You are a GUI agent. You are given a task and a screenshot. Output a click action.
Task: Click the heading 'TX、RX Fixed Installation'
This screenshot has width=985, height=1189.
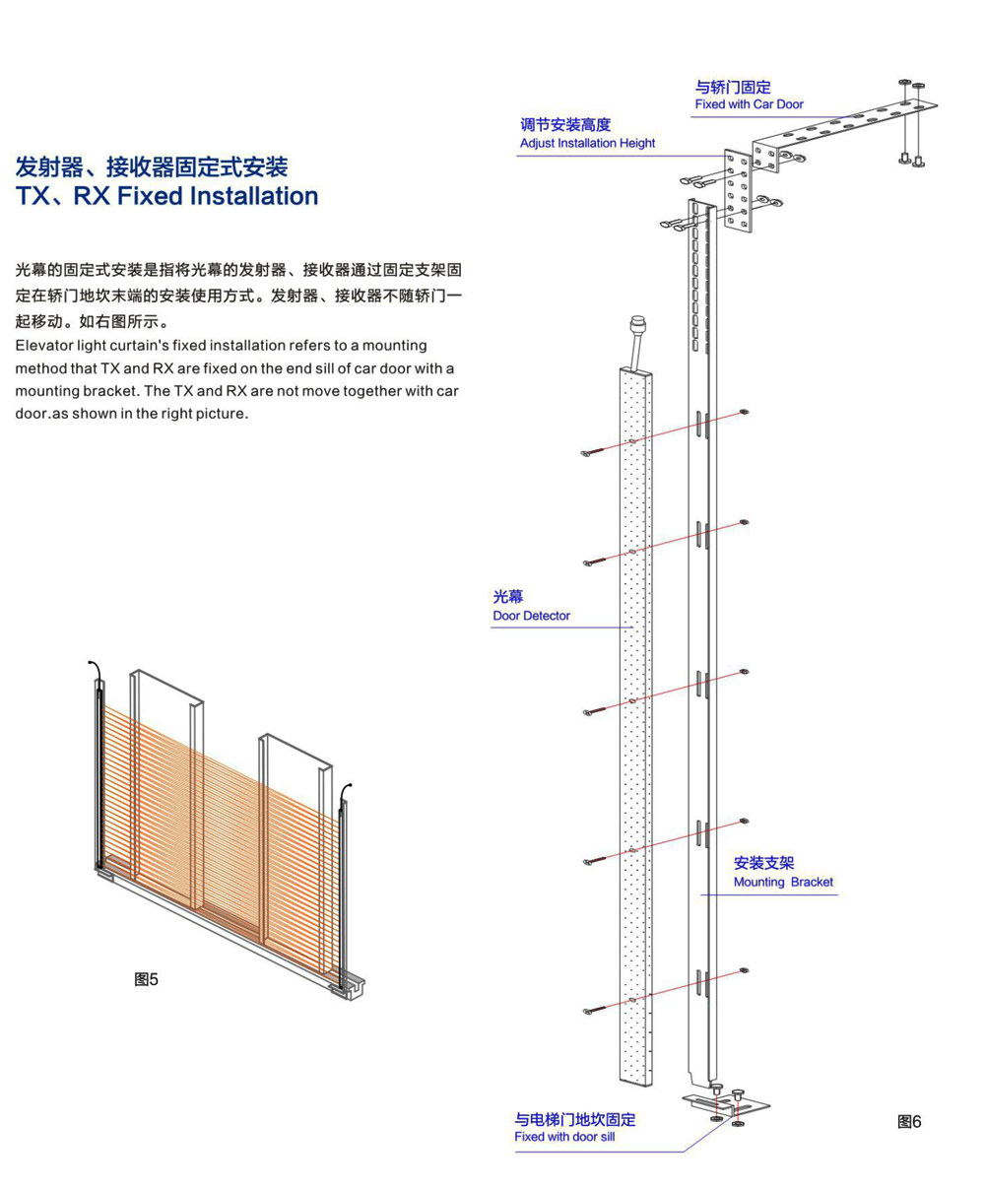coord(166,196)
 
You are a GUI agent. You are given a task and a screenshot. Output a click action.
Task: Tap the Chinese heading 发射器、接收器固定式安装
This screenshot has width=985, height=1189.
coord(152,164)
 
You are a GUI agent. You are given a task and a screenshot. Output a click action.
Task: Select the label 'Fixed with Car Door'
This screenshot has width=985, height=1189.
coord(749,104)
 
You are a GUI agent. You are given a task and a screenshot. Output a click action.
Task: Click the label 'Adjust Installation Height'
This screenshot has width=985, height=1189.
coord(587,143)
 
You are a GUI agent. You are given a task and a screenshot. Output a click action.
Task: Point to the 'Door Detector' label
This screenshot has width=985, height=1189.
coord(531,616)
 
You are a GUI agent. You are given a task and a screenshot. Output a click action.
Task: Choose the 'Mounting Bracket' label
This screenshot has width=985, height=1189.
coord(783,882)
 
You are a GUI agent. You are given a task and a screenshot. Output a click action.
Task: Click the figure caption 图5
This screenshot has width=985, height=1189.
coord(146,979)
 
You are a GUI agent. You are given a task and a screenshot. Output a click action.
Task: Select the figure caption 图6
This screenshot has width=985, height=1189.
coord(909,1121)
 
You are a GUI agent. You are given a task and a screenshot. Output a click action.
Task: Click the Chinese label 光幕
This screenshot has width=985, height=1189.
coord(508,597)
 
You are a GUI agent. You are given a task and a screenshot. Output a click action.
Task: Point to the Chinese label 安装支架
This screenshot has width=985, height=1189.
coord(763,863)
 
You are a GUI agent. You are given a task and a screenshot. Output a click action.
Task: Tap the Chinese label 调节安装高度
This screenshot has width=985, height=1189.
coord(565,125)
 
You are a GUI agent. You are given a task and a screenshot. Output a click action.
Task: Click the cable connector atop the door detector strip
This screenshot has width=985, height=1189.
coord(637,325)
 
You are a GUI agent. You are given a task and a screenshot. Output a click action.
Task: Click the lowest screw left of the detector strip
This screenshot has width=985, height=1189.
coord(589,1010)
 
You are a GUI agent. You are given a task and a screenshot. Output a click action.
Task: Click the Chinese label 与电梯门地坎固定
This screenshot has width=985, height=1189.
coord(574,1119)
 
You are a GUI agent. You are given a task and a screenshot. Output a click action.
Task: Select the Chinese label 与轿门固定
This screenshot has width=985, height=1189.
coord(733,88)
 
